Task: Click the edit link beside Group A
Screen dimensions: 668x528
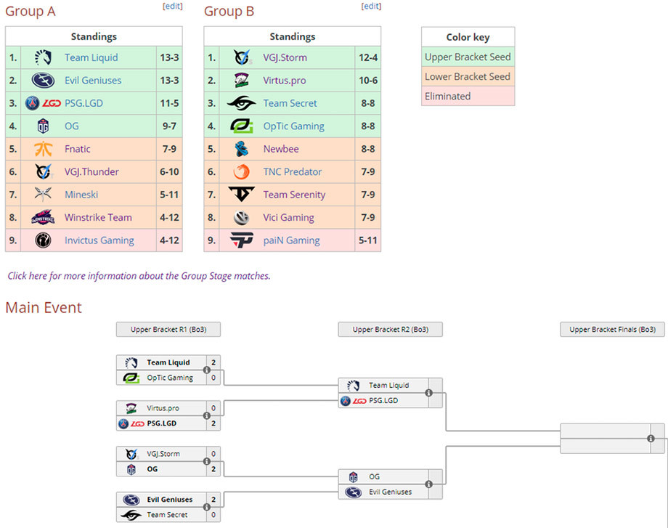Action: coord(173,6)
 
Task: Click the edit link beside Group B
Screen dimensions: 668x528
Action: coord(371,6)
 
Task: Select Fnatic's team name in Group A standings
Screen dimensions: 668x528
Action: coord(78,149)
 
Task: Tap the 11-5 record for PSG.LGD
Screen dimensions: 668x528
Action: coord(169,103)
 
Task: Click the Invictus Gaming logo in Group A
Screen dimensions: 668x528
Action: coord(43,240)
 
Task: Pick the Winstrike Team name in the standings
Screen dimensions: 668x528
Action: coord(98,217)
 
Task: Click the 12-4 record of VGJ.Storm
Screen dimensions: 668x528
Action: coord(368,57)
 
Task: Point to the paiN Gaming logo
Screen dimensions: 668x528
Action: coord(242,240)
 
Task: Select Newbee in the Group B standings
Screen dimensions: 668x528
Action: coord(281,149)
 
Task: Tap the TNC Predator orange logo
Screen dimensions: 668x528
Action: coord(241,171)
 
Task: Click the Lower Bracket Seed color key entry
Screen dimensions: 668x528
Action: coord(468,77)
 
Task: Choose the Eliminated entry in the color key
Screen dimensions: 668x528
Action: coord(448,97)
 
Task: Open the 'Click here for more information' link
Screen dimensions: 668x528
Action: coord(139,276)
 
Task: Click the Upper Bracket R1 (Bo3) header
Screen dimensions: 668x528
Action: coord(168,330)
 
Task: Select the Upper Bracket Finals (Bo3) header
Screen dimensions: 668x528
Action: coord(612,330)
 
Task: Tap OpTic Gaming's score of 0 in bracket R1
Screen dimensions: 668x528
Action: coord(213,378)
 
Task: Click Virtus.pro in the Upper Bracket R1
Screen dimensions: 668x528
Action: coord(163,408)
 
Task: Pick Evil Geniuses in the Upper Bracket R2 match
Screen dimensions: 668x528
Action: coord(390,492)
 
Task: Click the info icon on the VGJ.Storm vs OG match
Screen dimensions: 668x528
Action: coord(207,461)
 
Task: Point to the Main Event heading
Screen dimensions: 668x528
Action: coord(44,308)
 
